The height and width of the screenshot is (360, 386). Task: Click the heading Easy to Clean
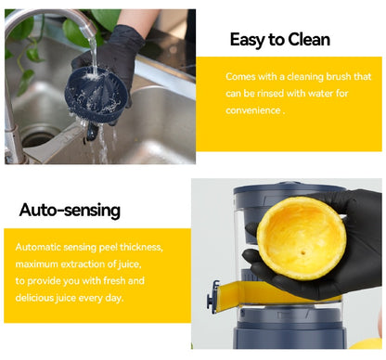[279, 40]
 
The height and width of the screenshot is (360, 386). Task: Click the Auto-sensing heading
[70, 210]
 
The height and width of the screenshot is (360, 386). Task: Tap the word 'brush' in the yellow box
[333, 76]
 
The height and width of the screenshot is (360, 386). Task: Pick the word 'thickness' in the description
[139, 248]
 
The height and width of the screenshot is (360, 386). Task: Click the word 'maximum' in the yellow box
[40, 264]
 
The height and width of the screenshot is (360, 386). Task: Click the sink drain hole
[37, 139]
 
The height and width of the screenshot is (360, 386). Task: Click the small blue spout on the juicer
[216, 297]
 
